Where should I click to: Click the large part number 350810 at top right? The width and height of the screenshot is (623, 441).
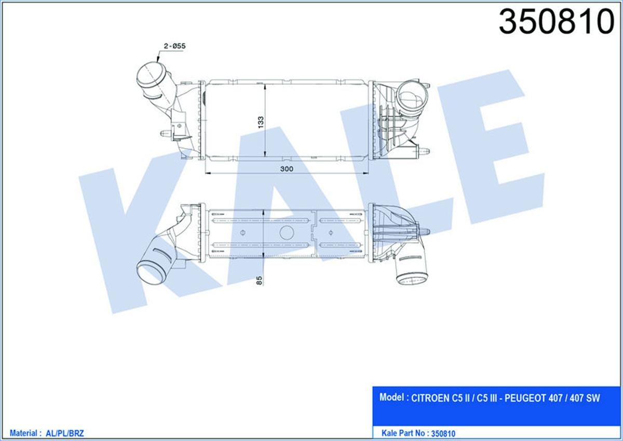pos(556,22)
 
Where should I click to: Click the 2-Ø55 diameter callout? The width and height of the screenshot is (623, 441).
pos(174,46)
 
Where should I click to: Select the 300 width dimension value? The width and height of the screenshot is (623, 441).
pos(286,169)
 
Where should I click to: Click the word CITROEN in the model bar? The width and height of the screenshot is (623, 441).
pos(431,399)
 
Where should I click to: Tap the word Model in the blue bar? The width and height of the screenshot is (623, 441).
pos(392,398)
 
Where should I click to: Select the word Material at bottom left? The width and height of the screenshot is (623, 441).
pos(23,433)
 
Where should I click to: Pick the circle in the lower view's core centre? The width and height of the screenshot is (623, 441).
pos(287,232)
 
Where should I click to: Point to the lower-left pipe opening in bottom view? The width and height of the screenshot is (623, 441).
pos(150,272)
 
